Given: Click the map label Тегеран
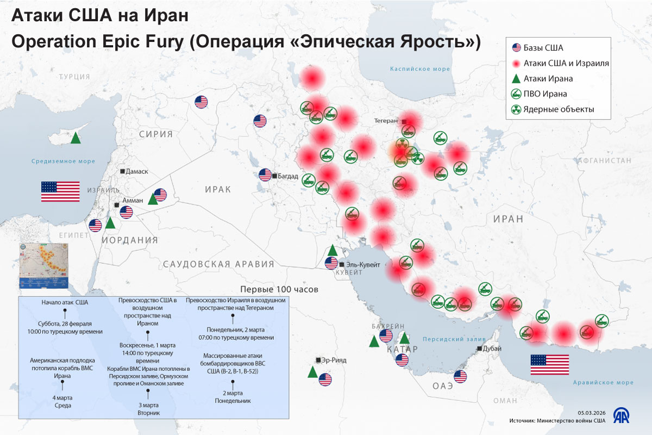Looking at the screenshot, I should (x=387, y=121).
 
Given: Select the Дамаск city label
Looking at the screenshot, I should (x=136, y=171).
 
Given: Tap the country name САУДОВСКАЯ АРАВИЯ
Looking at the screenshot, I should (x=218, y=264).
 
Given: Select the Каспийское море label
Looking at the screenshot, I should (x=420, y=69).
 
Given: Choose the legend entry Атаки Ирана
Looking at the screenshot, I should (x=548, y=79).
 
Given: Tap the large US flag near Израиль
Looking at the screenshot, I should (x=60, y=191).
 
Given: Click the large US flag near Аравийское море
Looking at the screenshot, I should (x=549, y=364).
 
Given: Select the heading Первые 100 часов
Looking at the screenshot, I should (x=279, y=289).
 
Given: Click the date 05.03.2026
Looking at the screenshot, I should (x=590, y=413).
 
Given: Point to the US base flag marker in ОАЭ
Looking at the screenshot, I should (x=460, y=377).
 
